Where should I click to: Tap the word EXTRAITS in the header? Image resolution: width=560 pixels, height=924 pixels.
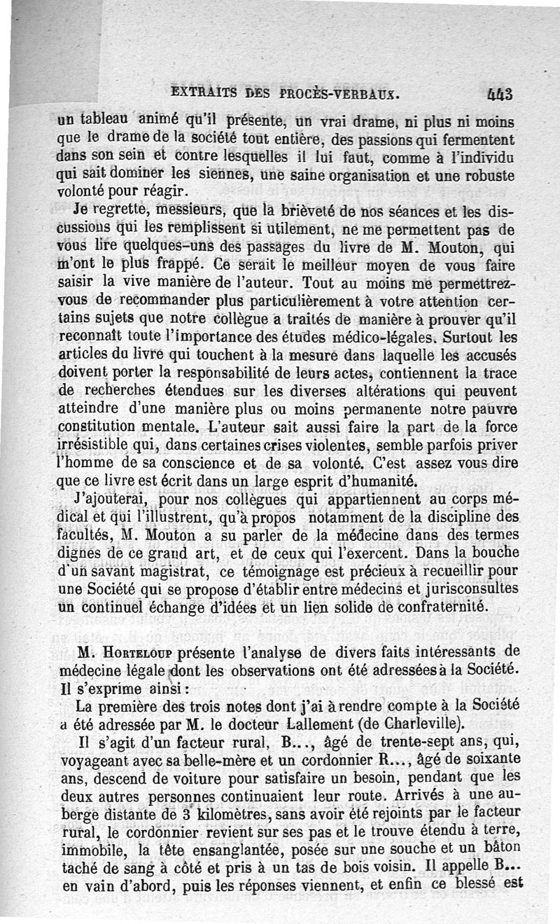[202, 92]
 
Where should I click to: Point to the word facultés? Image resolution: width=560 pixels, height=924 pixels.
[88, 535]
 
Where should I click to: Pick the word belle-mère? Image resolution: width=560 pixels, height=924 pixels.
[176, 759]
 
